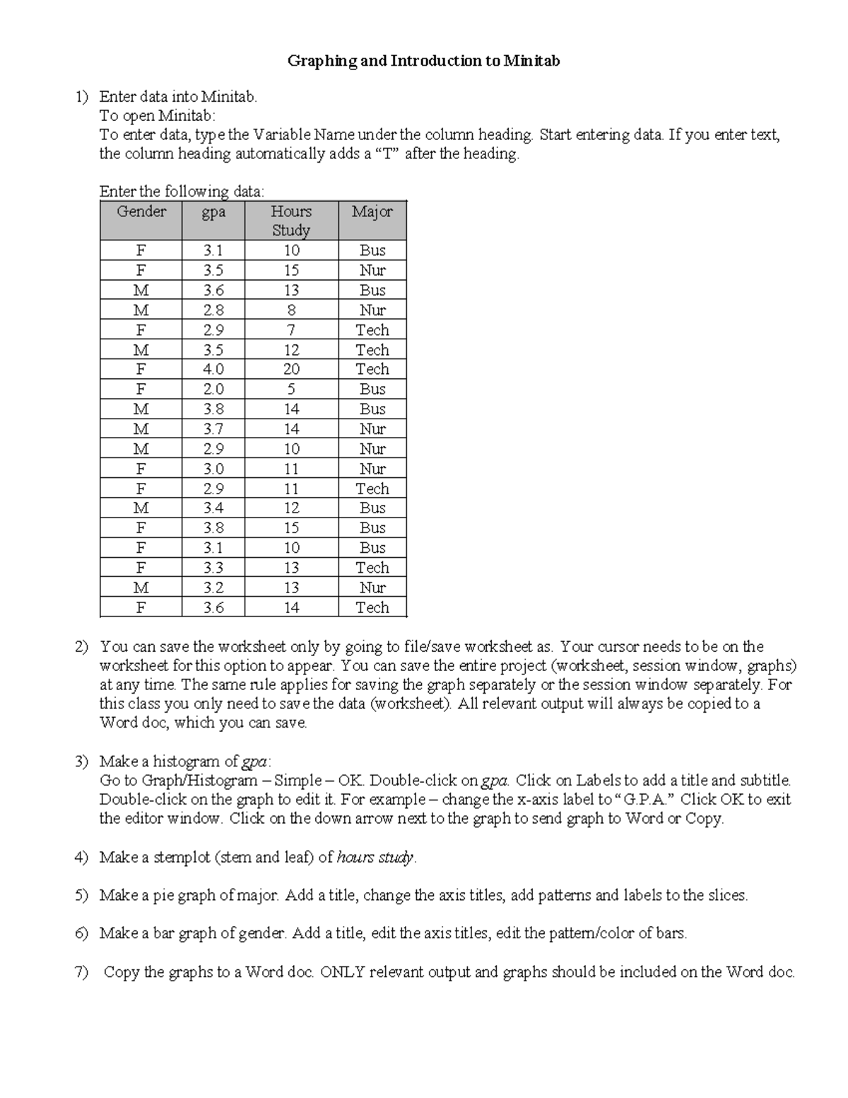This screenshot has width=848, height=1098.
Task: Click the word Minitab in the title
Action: tap(531, 61)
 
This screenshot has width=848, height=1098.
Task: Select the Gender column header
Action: tap(141, 211)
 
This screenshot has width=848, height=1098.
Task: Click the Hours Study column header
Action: tap(291, 221)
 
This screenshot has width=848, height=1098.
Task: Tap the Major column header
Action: tap(372, 211)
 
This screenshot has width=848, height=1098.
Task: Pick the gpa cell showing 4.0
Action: tap(213, 369)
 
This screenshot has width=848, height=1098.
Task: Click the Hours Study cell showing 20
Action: tap(291, 369)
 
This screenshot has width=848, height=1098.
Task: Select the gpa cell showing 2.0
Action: tap(213, 389)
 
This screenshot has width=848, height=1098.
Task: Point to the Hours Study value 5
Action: tap(291, 389)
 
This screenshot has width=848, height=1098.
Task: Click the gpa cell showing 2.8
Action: tap(213, 310)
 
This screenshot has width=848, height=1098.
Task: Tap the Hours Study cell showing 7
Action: tap(291, 329)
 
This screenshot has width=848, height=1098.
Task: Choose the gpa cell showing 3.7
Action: tap(213, 428)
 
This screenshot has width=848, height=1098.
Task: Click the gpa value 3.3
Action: tap(213, 567)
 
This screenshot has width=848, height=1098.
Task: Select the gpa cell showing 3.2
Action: tap(213, 587)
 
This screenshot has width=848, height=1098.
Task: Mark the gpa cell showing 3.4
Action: tap(213, 508)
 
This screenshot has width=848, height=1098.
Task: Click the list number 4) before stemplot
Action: tap(81, 857)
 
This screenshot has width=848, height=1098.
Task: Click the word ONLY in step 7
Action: tap(343, 971)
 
